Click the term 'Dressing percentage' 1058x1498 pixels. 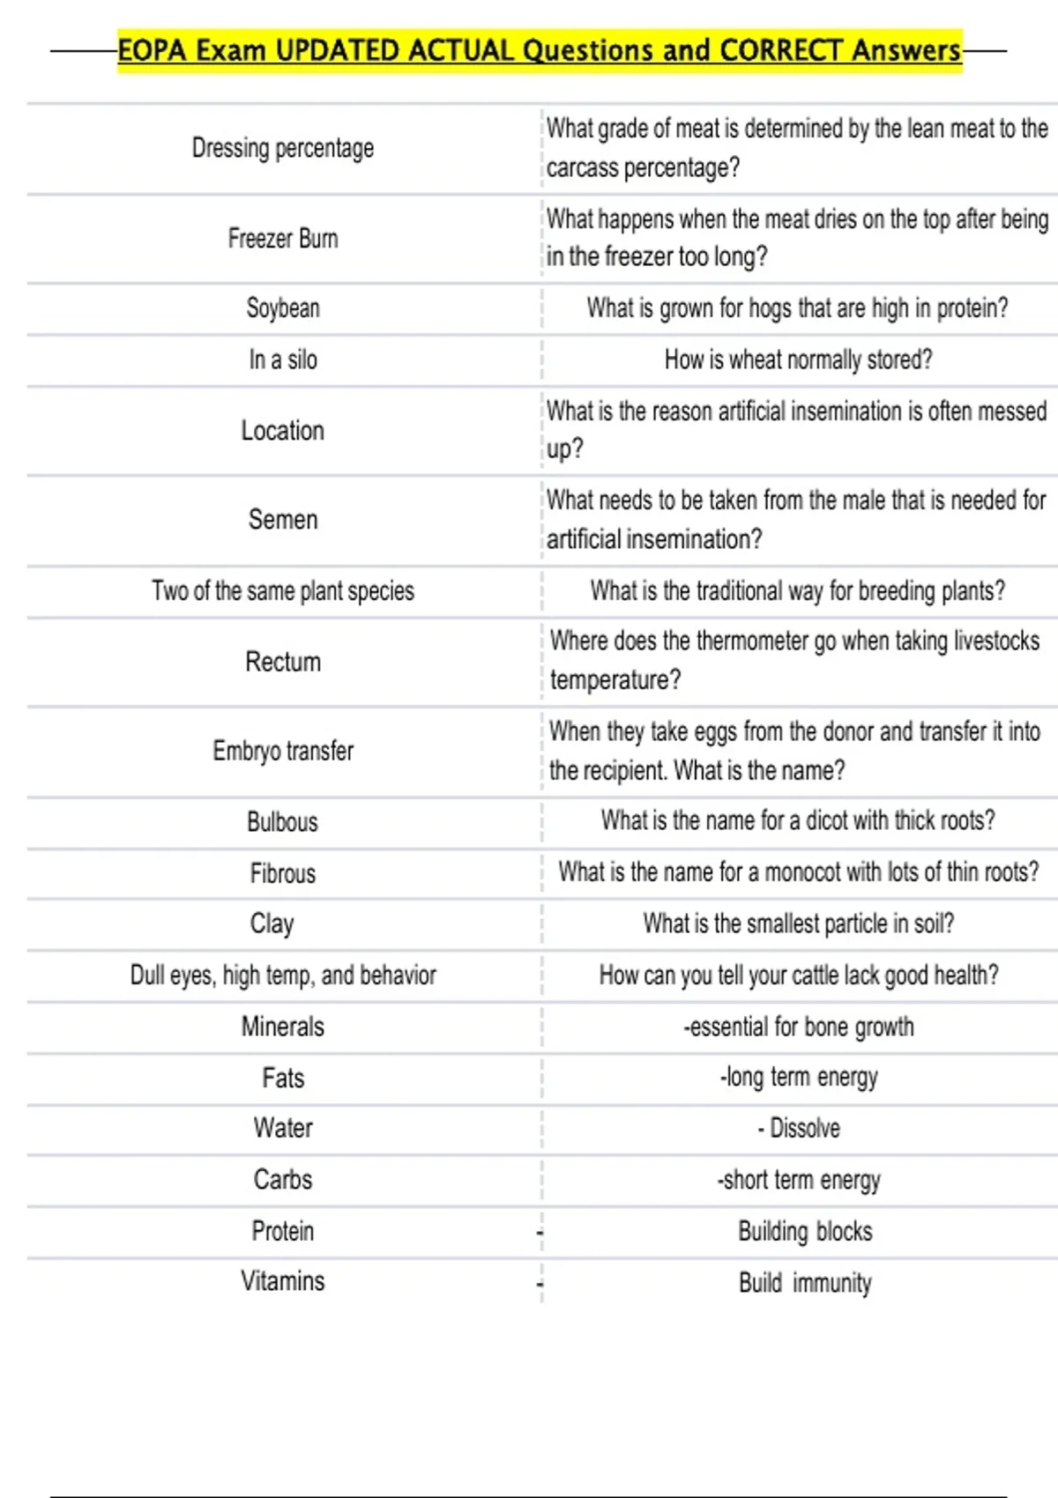coord(282,148)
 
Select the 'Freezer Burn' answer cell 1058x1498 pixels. coord(282,239)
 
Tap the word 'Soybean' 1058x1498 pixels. coord(282,308)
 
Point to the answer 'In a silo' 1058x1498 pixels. coord(282,360)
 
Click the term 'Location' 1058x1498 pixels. coord(282,431)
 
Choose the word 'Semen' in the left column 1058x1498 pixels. coord(282,520)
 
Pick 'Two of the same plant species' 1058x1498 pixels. coord(282,590)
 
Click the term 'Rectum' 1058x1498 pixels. coord(282,662)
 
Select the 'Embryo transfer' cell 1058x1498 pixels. coord(282,751)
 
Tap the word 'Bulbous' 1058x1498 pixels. coord(282,822)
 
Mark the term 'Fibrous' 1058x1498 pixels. coord(282,873)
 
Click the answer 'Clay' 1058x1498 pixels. coord(272,923)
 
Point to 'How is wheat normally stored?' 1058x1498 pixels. coord(798,360)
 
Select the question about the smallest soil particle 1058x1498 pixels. coord(798,923)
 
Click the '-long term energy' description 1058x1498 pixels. coord(798,1078)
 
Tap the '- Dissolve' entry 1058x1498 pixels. coord(798,1129)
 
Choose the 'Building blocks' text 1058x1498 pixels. coord(805,1231)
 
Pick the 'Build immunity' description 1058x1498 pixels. coord(805,1283)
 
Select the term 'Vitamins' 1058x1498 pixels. coord(282,1281)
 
